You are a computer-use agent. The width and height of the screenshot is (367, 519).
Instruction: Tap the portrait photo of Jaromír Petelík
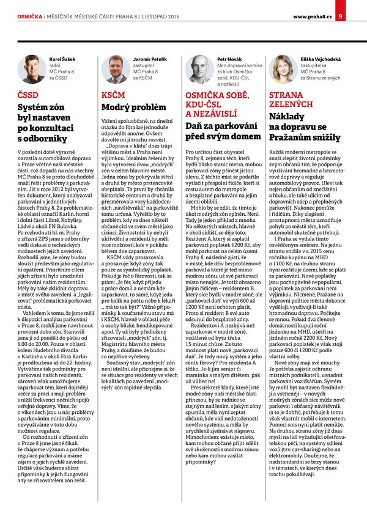(114, 68)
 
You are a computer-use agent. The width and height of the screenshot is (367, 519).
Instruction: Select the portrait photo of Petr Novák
(198, 68)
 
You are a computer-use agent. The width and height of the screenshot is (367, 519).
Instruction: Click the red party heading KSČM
(113, 96)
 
